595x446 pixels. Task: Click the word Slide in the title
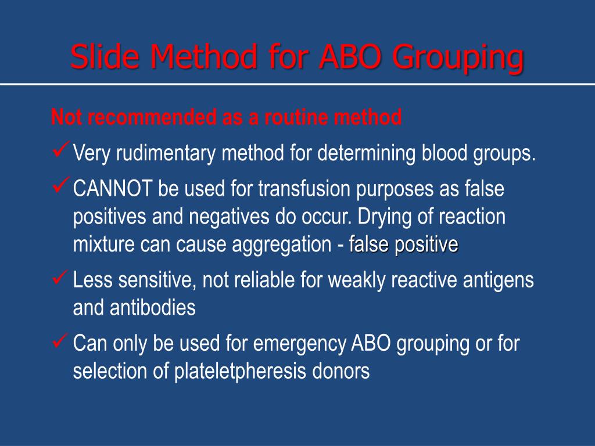pos(106,57)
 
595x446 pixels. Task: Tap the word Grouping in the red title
pos(457,57)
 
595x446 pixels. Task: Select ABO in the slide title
pos(347,57)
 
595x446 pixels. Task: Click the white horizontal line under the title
pos(297,84)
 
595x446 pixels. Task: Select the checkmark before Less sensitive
pos(60,279)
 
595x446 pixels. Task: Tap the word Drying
pos(383,217)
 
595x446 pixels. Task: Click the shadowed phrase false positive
pos(404,245)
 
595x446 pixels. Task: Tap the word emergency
pos(300,344)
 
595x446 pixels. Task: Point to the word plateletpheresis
pos(241,372)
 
